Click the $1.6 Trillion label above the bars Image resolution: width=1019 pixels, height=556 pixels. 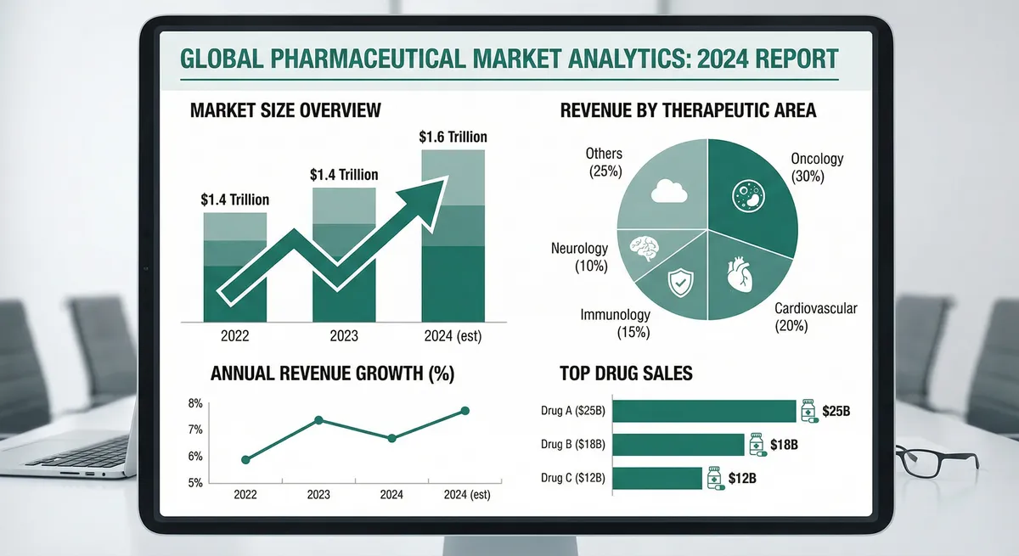[453, 137]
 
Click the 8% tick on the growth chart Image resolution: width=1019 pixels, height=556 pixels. [194, 403]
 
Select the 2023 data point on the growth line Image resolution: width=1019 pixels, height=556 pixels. [318, 420]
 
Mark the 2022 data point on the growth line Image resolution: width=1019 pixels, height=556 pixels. [246, 459]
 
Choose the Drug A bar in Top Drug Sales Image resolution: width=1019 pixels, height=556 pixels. [704, 412]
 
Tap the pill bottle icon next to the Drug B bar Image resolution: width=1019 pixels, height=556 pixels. [756, 444]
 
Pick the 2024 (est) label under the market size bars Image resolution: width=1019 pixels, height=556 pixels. [453, 336]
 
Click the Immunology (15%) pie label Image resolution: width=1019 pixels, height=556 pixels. [616, 323]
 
